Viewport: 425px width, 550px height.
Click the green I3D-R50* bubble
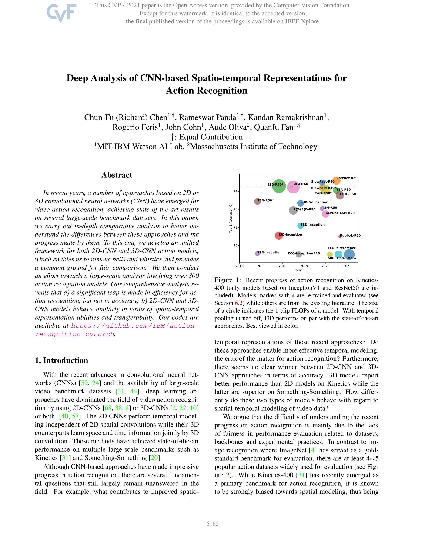click(x=279, y=186)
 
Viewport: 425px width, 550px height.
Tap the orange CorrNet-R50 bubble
click(x=336, y=180)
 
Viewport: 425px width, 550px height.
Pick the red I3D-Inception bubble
click(x=279, y=235)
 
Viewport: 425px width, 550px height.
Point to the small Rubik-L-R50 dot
click(x=340, y=236)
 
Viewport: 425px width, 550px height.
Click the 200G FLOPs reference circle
click(x=349, y=255)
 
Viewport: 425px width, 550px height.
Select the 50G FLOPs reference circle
click(x=330, y=254)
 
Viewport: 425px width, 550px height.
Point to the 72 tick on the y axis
click(x=235, y=227)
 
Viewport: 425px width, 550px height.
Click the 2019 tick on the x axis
click(x=304, y=266)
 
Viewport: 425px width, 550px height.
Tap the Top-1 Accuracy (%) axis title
click(x=231, y=218)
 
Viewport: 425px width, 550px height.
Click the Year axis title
click(x=298, y=270)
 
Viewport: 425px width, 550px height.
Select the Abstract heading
click(x=117, y=175)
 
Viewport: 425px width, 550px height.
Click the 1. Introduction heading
click(x=61, y=360)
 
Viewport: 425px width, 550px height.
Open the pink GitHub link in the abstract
click(x=135, y=326)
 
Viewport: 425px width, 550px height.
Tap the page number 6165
click(x=212, y=524)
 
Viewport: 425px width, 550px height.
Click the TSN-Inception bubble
click(x=257, y=253)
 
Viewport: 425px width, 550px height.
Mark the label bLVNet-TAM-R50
click(x=340, y=213)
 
